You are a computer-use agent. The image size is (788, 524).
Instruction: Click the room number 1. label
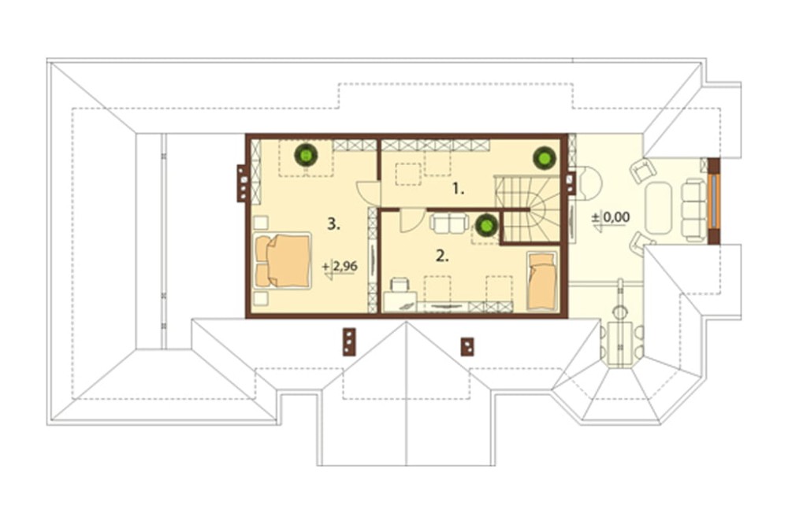coord(459,189)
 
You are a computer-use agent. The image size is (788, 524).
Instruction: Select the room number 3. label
coord(333,224)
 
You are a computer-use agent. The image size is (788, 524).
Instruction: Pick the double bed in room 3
coord(281,261)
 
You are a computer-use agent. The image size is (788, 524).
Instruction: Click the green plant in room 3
coord(305,156)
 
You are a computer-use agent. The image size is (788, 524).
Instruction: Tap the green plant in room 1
coord(543,157)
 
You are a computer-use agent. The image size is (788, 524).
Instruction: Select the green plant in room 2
coord(487,226)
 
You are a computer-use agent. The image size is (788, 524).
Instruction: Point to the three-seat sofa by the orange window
coord(693,210)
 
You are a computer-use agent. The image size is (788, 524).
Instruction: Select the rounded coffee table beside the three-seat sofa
coord(658,208)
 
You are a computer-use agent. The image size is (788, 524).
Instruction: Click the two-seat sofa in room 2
coord(449,223)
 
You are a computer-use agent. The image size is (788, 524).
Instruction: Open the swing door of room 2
coord(410,220)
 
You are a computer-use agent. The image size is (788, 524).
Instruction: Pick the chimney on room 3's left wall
coord(243,184)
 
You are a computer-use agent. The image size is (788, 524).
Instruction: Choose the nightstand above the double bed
coord(261,223)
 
